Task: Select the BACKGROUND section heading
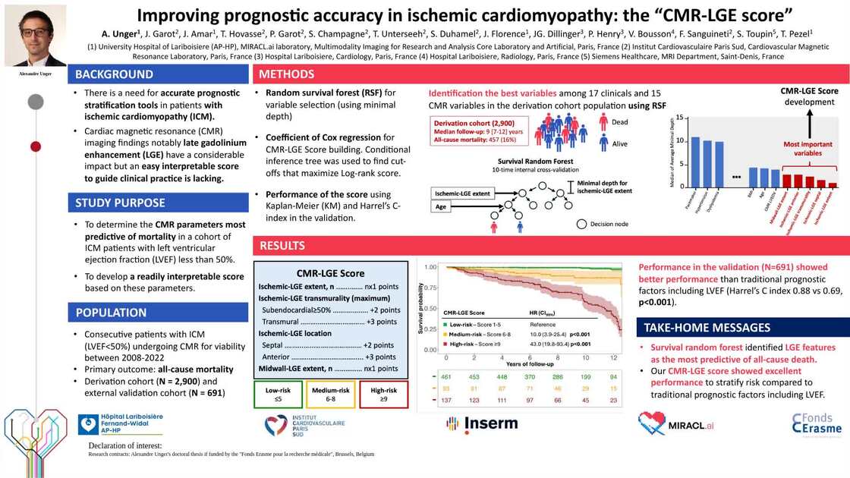[113, 74]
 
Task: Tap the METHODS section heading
[286, 74]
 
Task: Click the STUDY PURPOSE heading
[120, 203]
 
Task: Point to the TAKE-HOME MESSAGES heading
[707, 328]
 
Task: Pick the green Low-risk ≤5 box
[278, 394]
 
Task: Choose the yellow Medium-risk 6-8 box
[330, 394]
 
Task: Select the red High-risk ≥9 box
[383, 394]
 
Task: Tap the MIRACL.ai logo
[676, 423]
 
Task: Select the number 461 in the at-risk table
[446, 376]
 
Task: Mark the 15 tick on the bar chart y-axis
[679, 118]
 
